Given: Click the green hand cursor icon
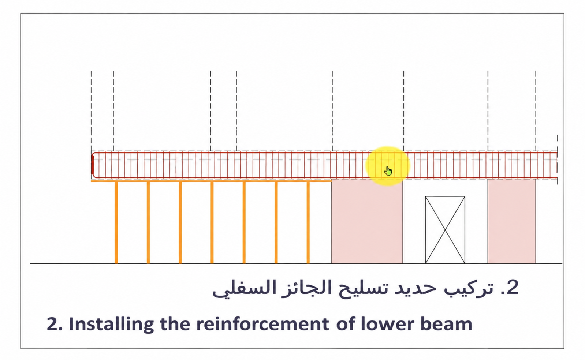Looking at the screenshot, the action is coord(388,171).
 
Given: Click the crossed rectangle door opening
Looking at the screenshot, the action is coord(445,230).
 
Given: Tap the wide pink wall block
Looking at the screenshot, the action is coord(367,221).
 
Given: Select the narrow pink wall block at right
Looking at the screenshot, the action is coord(512,221).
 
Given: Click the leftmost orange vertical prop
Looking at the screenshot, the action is coord(116,222).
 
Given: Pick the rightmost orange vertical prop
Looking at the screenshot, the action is coord(308,222).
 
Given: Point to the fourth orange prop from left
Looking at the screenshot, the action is coord(212,222).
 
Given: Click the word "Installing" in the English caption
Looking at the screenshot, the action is coord(111,325).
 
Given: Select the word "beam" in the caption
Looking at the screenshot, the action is coord(449,324).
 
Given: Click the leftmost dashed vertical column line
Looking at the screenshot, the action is coord(91,111).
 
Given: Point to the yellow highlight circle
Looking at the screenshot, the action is coord(388,166).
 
